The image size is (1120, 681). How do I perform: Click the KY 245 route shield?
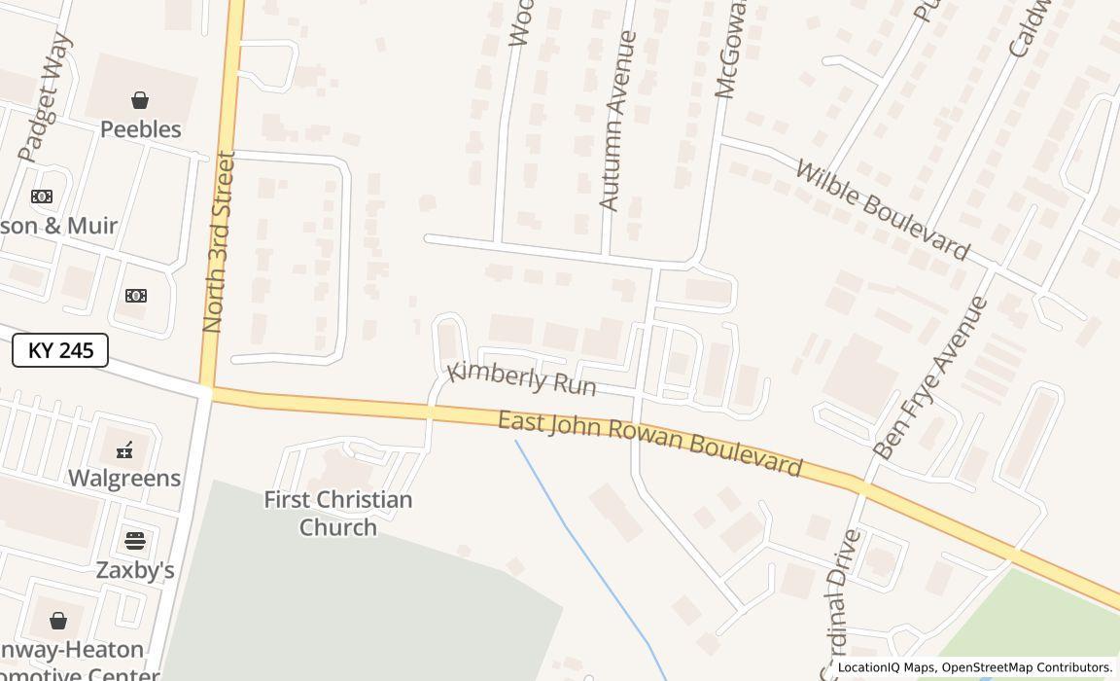point(60,350)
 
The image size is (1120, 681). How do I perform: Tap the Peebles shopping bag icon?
point(140,100)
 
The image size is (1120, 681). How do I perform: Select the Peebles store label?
point(141,129)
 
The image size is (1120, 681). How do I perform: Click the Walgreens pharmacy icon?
point(124,449)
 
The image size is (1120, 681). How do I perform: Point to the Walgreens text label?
point(124,478)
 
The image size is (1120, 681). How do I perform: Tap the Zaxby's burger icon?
point(135,541)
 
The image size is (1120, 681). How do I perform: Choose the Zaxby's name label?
point(135,570)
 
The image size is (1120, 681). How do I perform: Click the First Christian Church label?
point(338,514)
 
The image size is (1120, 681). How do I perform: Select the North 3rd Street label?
point(220,243)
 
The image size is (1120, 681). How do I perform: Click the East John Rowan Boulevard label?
point(649,445)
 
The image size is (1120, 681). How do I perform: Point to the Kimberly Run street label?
point(521,377)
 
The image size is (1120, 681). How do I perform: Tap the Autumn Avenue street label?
point(618,122)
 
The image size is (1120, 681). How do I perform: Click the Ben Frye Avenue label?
point(930,378)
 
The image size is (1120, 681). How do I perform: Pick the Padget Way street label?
point(47,97)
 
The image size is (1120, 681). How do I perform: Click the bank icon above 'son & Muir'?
point(42,197)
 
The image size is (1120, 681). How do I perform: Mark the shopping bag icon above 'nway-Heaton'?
point(58,621)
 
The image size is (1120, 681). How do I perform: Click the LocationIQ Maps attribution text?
point(975,668)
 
